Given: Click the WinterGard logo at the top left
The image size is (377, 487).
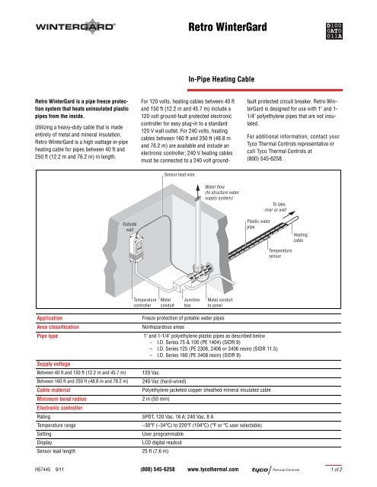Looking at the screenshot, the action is point(75,27).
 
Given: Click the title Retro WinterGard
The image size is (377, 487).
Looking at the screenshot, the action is point(228,27).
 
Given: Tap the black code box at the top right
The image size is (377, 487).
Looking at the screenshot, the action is point(334,31).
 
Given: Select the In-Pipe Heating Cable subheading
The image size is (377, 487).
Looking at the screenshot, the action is point(222,79).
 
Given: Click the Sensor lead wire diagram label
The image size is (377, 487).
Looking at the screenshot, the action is point(179,175).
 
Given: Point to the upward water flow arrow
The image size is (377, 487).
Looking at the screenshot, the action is point(198,191).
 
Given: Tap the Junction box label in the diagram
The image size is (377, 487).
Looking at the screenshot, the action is point(191,303).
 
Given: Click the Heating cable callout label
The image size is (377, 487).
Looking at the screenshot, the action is point(300,237).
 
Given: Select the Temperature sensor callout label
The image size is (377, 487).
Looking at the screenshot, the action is point(280,253).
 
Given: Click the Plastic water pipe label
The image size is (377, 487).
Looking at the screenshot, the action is point(259,224).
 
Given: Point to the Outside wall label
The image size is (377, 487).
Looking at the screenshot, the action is point(129,227).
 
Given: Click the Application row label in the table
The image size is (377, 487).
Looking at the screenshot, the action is point(50,318).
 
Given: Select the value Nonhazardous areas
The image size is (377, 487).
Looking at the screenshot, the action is point(163,327).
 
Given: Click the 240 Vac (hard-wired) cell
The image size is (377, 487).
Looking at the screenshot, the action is point(164,381).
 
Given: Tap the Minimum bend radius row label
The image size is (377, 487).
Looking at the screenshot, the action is point(62,399).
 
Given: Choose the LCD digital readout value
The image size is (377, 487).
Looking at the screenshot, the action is point(162,442).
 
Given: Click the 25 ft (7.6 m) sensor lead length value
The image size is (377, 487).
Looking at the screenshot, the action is point(155,451).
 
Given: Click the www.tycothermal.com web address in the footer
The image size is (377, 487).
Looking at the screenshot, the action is point(213,469).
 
